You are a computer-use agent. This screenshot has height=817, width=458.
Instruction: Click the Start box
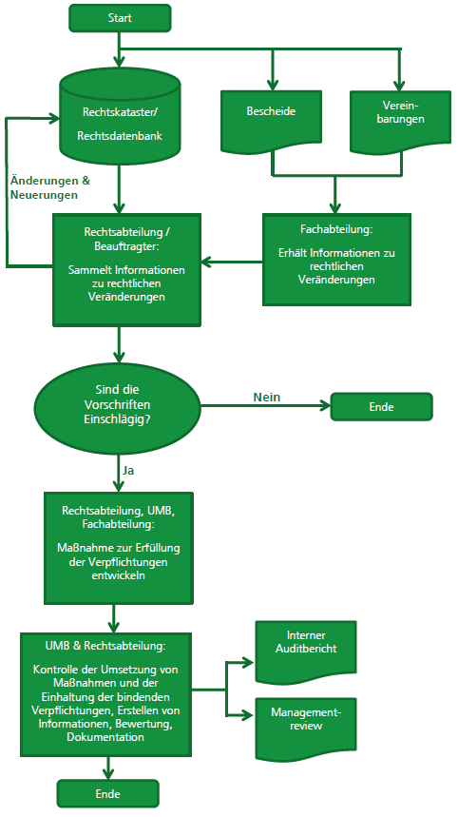point(120,18)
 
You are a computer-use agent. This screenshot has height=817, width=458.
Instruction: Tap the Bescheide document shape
point(272,122)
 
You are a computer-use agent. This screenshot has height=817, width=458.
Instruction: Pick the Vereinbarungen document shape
point(400,122)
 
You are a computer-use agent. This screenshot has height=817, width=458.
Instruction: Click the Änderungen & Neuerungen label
point(49,188)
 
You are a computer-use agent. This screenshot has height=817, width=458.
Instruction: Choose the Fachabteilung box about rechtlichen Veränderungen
point(336,260)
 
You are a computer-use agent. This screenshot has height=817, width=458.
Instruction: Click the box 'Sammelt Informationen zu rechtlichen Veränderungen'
point(126,270)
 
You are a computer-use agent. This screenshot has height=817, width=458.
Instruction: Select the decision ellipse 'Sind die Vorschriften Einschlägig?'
point(118,404)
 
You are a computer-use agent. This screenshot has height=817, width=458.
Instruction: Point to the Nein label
point(267,397)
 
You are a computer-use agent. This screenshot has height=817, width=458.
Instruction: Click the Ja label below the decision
point(128,471)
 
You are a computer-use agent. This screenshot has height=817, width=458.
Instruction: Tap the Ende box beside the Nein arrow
point(381,406)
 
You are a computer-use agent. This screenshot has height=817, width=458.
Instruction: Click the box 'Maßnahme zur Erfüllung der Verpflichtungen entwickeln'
point(119,548)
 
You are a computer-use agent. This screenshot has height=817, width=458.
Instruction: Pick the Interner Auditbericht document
point(306,652)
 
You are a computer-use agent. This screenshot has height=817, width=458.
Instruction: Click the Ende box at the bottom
point(107,793)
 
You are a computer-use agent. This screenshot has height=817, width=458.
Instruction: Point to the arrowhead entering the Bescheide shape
point(272,86)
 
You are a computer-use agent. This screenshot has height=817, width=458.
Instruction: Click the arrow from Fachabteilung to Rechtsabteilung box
point(232,262)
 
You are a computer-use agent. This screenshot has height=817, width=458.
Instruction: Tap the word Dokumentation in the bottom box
point(105,737)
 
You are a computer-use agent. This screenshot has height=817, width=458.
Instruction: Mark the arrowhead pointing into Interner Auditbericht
point(249,663)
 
